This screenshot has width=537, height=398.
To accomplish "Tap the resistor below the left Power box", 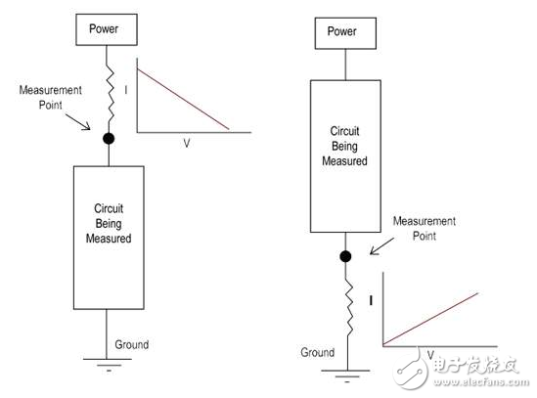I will click(109, 88).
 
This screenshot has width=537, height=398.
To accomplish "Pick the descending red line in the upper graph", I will click(183, 98).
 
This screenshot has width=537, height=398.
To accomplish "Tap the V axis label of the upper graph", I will click(187, 142).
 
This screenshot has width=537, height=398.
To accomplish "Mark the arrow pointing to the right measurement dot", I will click(370, 244).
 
